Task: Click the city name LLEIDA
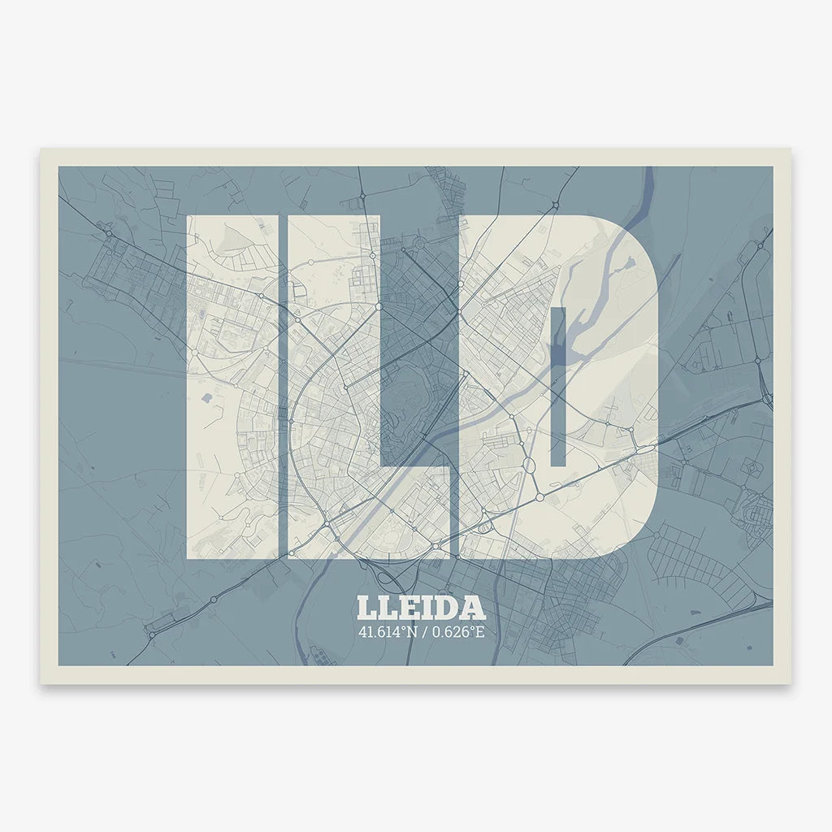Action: click(x=420, y=609)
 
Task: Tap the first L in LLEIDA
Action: click(x=366, y=609)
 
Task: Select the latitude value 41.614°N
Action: click(x=385, y=631)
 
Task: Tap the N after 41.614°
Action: click(x=407, y=631)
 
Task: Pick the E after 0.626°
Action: click(x=479, y=631)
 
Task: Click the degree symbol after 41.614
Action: click(x=399, y=627)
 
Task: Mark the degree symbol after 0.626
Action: click(x=471, y=627)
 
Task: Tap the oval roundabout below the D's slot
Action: click(x=527, y=466)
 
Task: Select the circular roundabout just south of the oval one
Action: click(x=539, y=496)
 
